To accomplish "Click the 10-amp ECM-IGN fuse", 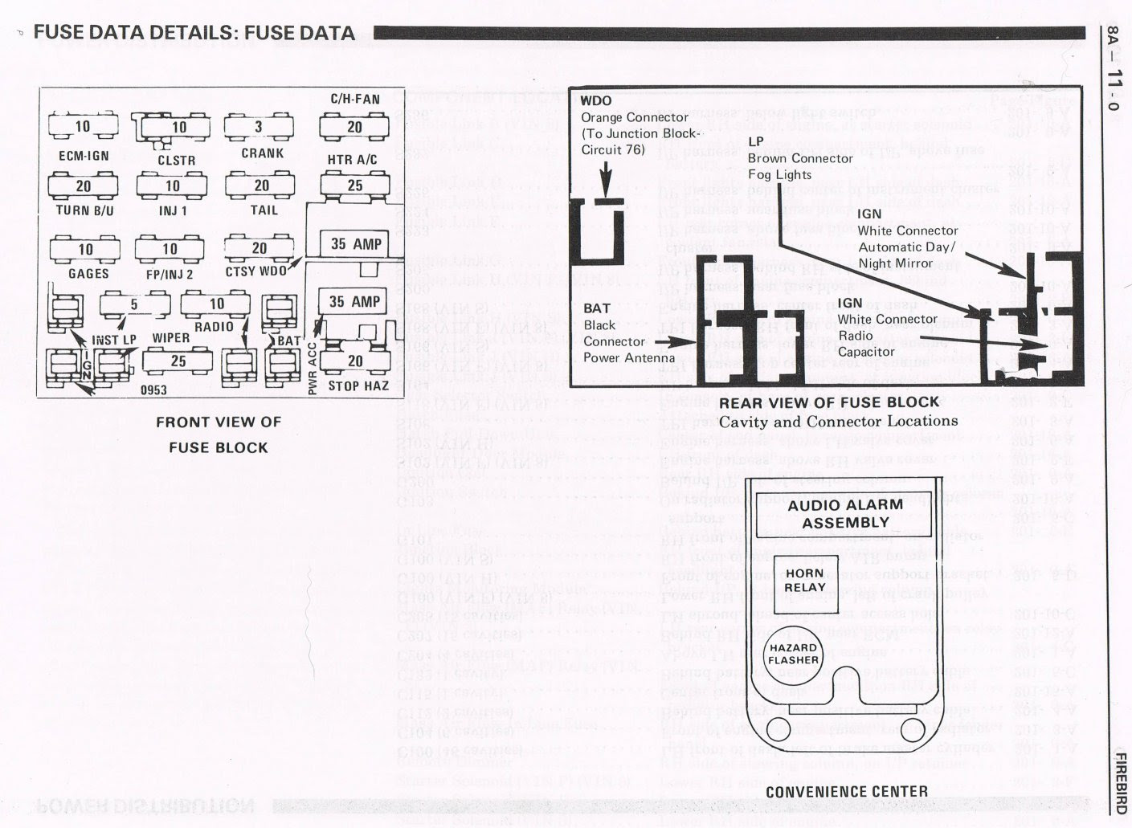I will click(83, 127).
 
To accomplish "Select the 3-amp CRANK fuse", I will click(259, 127).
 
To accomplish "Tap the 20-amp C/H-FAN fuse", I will click(354, 127).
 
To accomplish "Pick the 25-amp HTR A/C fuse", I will click(354, 186).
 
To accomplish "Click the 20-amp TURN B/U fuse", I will click(84, 186).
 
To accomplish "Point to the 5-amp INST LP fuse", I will click(134, 305).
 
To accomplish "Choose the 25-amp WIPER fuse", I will click(178, 361).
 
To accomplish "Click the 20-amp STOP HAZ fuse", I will click(355, 361).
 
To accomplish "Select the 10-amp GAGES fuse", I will click(86, 249).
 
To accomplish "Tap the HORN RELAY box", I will click(804, 581).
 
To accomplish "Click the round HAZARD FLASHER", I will click(793, 654).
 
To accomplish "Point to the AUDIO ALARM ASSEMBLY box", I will click(845, 513).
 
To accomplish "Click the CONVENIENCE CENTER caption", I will click(846, 792).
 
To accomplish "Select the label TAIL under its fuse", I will click(264, 210).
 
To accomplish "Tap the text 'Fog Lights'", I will click(779, 175).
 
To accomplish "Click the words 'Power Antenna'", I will click(629, 358).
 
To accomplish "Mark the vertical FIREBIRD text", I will click(1121, 783).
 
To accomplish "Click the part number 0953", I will click(153, 390).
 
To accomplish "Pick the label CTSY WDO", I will click(255, 272).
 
